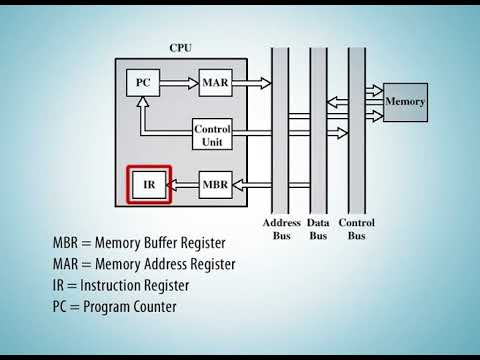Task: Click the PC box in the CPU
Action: [143, 83]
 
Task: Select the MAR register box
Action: [215, 83]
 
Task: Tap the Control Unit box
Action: [212, 135]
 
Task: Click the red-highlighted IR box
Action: [149, 185]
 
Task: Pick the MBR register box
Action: [215, 185]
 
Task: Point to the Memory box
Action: [405, 101]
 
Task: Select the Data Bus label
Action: [318, 229]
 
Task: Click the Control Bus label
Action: [357, 229]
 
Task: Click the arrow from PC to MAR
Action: [179, 83]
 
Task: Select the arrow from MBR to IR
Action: [183, 185]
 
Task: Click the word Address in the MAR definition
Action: [167, 264]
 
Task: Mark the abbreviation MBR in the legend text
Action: [68, 243]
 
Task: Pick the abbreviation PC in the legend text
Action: [61, 306]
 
